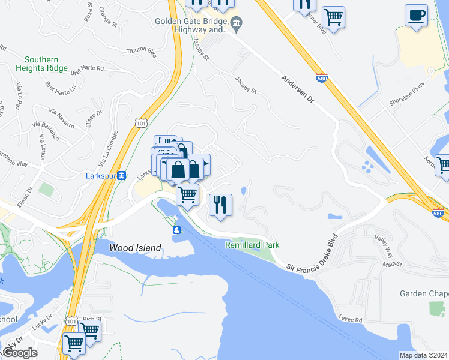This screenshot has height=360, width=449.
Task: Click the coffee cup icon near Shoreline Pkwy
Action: click(x=416, y=16)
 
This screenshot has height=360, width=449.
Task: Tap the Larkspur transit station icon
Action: click(x=121, y=176)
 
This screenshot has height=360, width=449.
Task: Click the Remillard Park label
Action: click(x=252, y=245)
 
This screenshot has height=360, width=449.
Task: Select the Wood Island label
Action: click(x=135, y=248)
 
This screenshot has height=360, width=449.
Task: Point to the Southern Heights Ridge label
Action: click(x=41, y=64)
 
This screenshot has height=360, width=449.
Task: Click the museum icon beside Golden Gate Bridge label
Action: click(x=237, y=24)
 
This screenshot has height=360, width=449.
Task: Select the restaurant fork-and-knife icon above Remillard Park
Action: click(x=220, y=205)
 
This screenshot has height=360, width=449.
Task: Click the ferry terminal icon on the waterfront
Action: click(x=177, y=230)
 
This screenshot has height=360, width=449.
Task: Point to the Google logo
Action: click(x=19, y=353)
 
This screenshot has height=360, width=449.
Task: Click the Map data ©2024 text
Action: click(x=423, y=355)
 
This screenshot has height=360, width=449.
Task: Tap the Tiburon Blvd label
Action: click(x=142, y=52)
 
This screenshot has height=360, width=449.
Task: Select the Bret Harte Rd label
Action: click(x=88, y=70)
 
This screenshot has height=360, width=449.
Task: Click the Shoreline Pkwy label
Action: click(x=407, y=94)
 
